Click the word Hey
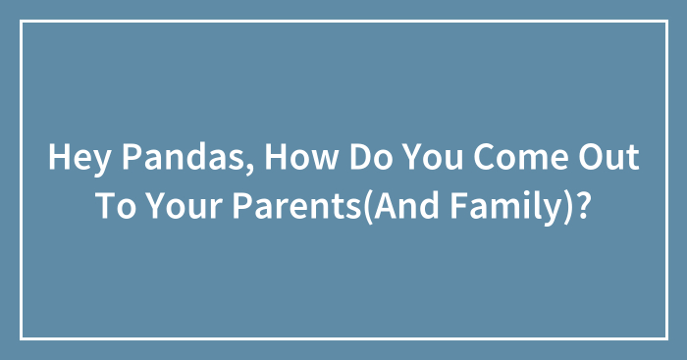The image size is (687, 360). (79, 158)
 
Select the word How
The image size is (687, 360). (301, 157)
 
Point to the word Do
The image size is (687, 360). (371, 157)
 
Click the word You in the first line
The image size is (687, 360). (433, 157)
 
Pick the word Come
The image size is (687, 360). (520, 157)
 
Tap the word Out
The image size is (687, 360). (608, 157)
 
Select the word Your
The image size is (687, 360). (184, 205)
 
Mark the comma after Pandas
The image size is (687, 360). (249, 169)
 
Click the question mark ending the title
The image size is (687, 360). (581, 205)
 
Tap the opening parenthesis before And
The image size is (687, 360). (367, 207)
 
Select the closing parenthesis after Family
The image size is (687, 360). (567, 207)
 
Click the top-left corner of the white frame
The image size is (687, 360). (21, 21)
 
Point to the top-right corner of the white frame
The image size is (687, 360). (666, 21)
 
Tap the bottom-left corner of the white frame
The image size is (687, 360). (21, 338)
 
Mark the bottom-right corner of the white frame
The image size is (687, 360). (666, 338)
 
